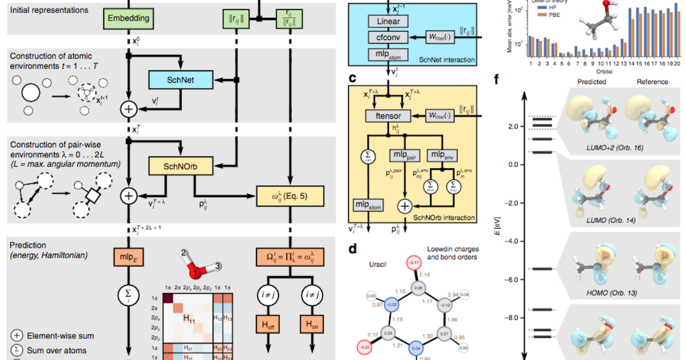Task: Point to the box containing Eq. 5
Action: [x=290, y=196]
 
